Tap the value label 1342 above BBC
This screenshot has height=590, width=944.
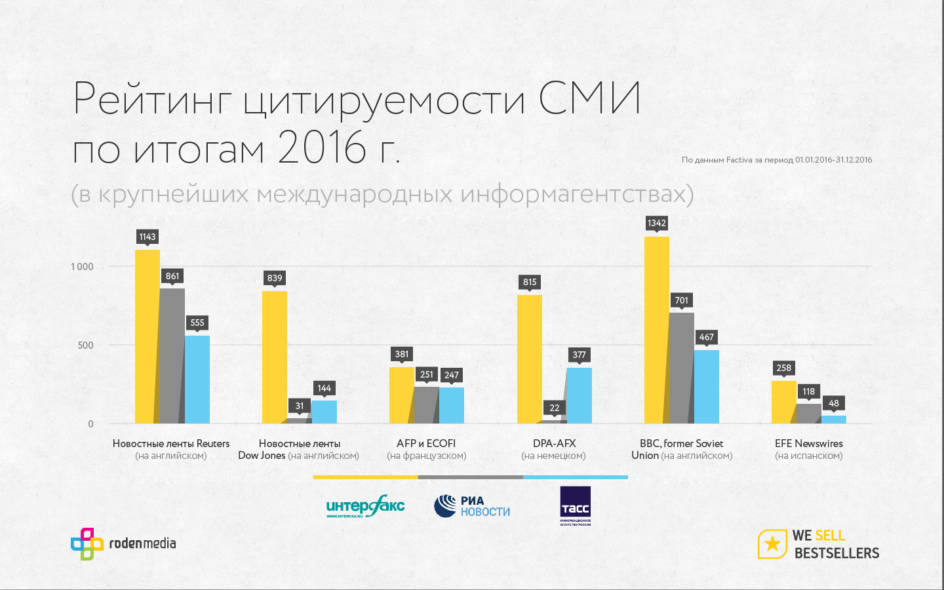657,223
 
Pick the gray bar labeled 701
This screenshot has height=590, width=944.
682,367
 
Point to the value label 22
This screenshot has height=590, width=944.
555,408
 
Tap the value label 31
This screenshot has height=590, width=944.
300,406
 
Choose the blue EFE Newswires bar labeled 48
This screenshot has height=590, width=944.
834,419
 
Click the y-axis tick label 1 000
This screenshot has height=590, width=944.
82,266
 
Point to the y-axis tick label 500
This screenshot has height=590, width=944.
85,345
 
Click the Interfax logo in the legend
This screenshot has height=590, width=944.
365,506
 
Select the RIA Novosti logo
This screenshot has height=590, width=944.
471,506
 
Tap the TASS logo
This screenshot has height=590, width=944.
575,505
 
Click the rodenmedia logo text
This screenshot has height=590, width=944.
142,543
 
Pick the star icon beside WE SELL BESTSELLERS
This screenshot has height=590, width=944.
772,543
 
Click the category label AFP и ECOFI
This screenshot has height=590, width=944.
426,443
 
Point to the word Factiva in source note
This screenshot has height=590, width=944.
739,160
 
